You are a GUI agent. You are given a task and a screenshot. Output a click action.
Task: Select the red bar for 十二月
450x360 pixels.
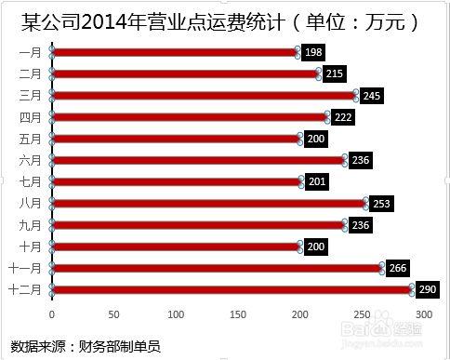[x=232, y=289]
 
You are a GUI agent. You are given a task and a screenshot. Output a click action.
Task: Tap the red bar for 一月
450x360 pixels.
[x=175, y=53]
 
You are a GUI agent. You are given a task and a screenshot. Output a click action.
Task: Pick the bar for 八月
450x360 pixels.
[x=209, y=203]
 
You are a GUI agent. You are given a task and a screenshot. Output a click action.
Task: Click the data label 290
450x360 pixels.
[x=428, y=289]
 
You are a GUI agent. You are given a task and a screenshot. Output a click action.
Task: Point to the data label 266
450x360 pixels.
[x=398, y=268]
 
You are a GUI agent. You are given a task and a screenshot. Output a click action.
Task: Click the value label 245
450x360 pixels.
[x=372, y=96]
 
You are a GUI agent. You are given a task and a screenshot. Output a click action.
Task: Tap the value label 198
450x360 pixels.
[x=313, y=53]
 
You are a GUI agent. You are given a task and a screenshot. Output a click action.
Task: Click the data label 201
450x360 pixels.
[x=318, y=181]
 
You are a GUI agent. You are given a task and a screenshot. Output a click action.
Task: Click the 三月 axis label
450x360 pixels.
[x=30, y=96]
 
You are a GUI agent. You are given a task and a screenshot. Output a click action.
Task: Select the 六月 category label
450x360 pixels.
[x=30, y=160]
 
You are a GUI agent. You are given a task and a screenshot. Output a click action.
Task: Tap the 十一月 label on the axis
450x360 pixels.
[x=26, y=268]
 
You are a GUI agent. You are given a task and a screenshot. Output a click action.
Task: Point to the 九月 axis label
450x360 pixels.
[x=30, y=224]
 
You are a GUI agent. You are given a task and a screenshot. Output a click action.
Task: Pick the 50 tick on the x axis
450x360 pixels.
[x=113, y=315]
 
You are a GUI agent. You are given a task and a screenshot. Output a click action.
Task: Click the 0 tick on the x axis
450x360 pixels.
[x=52, y=315]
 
